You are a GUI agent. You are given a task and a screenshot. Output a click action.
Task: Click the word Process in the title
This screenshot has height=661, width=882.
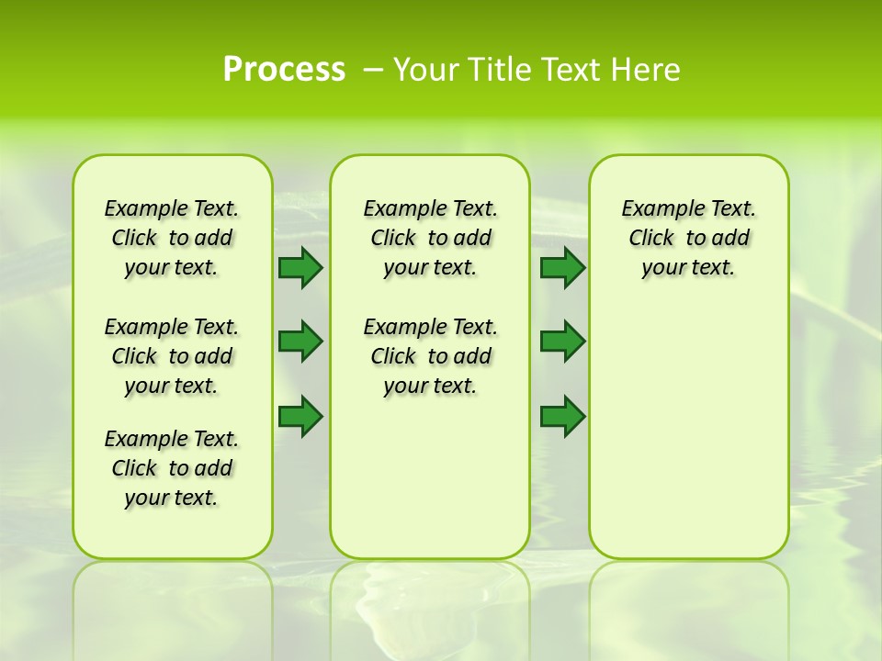(284, 70)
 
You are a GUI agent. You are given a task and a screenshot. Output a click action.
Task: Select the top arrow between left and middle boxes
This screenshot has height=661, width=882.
(300, 268)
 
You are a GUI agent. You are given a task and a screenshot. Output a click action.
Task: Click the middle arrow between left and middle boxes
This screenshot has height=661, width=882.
(300, 342)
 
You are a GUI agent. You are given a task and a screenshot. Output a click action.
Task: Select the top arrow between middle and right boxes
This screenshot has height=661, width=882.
(562, 268)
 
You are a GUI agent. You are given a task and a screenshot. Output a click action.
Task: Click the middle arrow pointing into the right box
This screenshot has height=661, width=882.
(562, 342)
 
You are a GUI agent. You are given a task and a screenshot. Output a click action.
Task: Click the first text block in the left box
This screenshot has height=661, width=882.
(172, 238)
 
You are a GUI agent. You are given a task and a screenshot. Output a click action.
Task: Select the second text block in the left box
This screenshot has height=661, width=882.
(172, 356)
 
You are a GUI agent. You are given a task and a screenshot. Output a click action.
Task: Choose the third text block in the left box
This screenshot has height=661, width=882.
(172, 468)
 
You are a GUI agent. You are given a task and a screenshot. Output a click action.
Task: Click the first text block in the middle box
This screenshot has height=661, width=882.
(430, 238)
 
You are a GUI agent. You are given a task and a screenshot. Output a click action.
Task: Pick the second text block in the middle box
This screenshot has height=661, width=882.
(430, 356)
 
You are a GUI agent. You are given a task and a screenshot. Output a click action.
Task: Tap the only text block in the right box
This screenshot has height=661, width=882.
(688, 238)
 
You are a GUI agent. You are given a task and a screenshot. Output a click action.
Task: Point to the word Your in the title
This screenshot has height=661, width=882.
(426, 70)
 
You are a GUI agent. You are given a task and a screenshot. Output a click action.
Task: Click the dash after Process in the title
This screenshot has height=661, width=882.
(373, 70)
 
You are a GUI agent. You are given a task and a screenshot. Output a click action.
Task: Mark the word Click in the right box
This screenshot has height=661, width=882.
(651, 239)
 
